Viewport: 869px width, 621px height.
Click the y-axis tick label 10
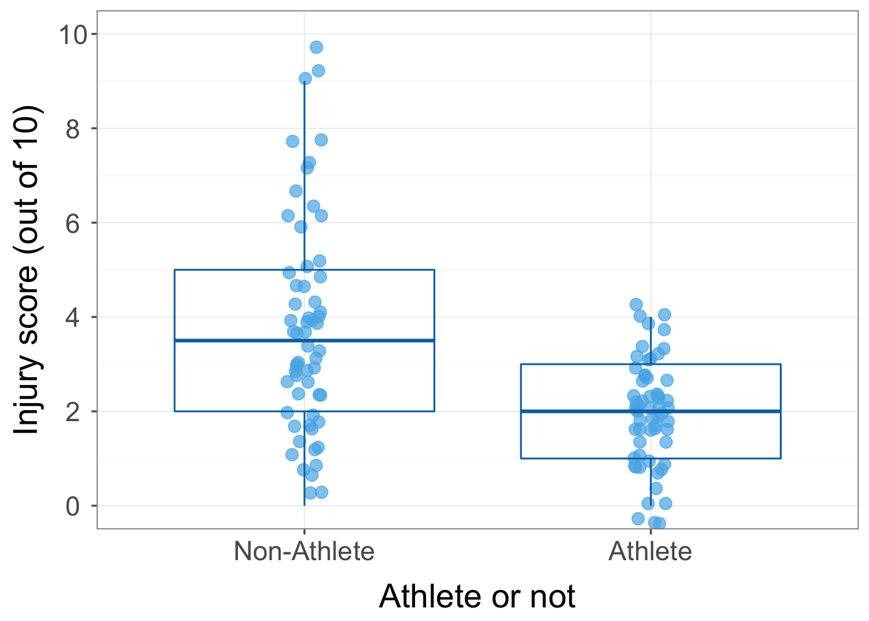(x=73, y=34)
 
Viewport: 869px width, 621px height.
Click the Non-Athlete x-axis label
(x=304, y=552)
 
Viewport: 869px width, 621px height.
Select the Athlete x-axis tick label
(x=650, y=552)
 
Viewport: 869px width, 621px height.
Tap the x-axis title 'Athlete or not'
(x=477, y=596)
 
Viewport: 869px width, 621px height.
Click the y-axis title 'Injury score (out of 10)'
(x=27, y=270)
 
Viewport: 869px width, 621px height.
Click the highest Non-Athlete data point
(x=316, y=47)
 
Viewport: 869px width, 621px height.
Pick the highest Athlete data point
(x=636, y=305)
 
